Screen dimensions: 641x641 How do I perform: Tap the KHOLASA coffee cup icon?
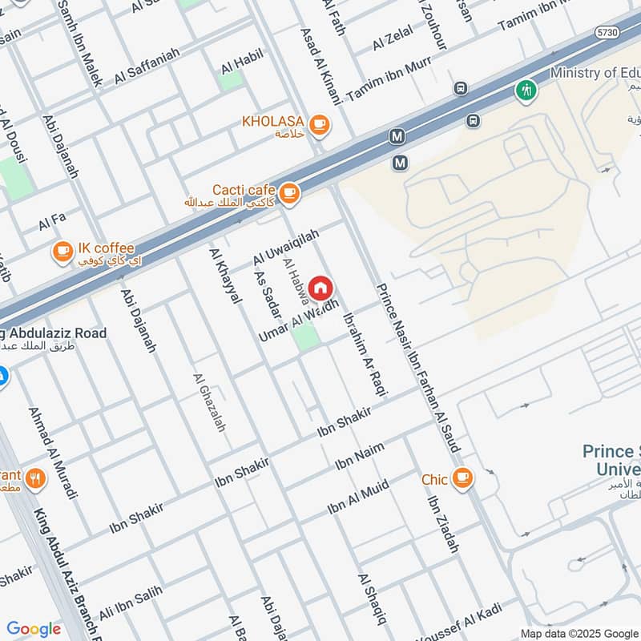[319, 123]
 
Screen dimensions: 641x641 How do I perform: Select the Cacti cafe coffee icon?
[288, 191]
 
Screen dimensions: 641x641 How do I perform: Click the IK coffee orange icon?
[62, 252]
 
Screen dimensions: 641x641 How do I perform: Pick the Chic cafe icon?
[462, 478]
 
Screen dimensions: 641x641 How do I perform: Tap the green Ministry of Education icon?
[526, 89]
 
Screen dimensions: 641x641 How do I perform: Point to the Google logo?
[34, 629]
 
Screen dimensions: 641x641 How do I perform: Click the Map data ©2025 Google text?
[579, 633]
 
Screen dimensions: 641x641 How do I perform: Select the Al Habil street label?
[244, 58]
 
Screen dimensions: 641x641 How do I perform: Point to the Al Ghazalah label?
[210, 403]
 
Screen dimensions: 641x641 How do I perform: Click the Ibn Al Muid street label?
[358, 498]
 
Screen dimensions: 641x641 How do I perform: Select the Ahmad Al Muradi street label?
[52, 454]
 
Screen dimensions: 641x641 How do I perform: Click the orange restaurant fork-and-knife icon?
[34, 479]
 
